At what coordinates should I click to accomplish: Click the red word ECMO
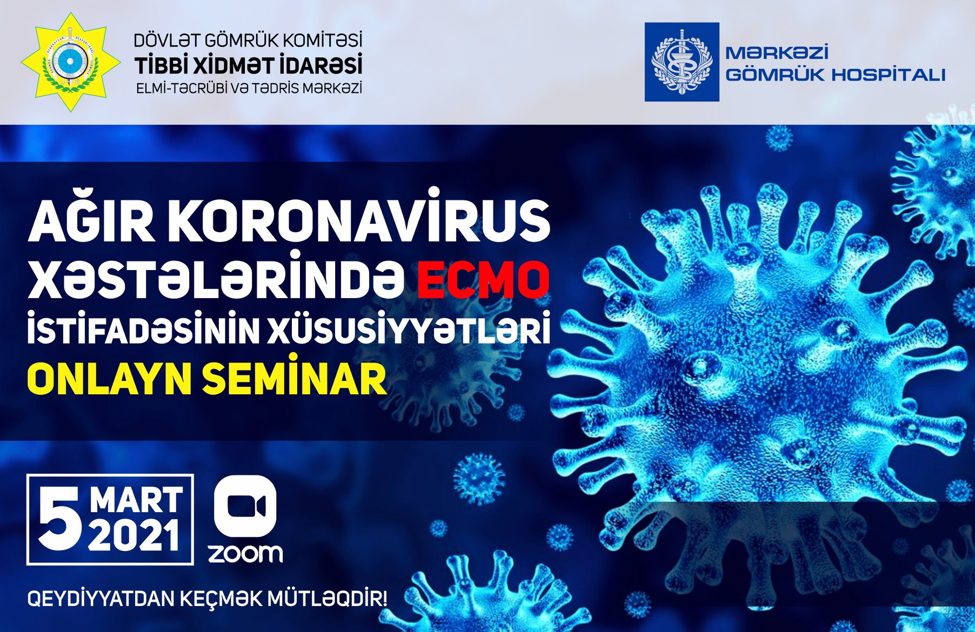pyautogui.click(x=483, y=279)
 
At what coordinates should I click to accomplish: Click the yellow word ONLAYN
pyautogui.click(x=109, y=380)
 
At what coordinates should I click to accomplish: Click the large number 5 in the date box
pyautogui.click(x=61, y=520)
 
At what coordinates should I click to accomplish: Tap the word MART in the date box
pyautogui.click(x=136, y=500)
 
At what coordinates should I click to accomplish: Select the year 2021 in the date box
pyautogui.click(x=134, y=535)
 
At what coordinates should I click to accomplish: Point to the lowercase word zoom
pyautogui.click(x=245, y=554)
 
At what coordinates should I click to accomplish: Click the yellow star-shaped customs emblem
pyautogui.click(x=70, y=62)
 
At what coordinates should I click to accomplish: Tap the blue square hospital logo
pyautogui.click(x=682, y=62)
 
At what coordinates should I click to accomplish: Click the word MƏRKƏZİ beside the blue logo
pyautogui.click(x=777, y=53)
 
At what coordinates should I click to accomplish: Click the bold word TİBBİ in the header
pyautogui.click(x=161, y=65)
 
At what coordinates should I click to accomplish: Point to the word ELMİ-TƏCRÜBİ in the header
pyautogui.click(x=182, y=88)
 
